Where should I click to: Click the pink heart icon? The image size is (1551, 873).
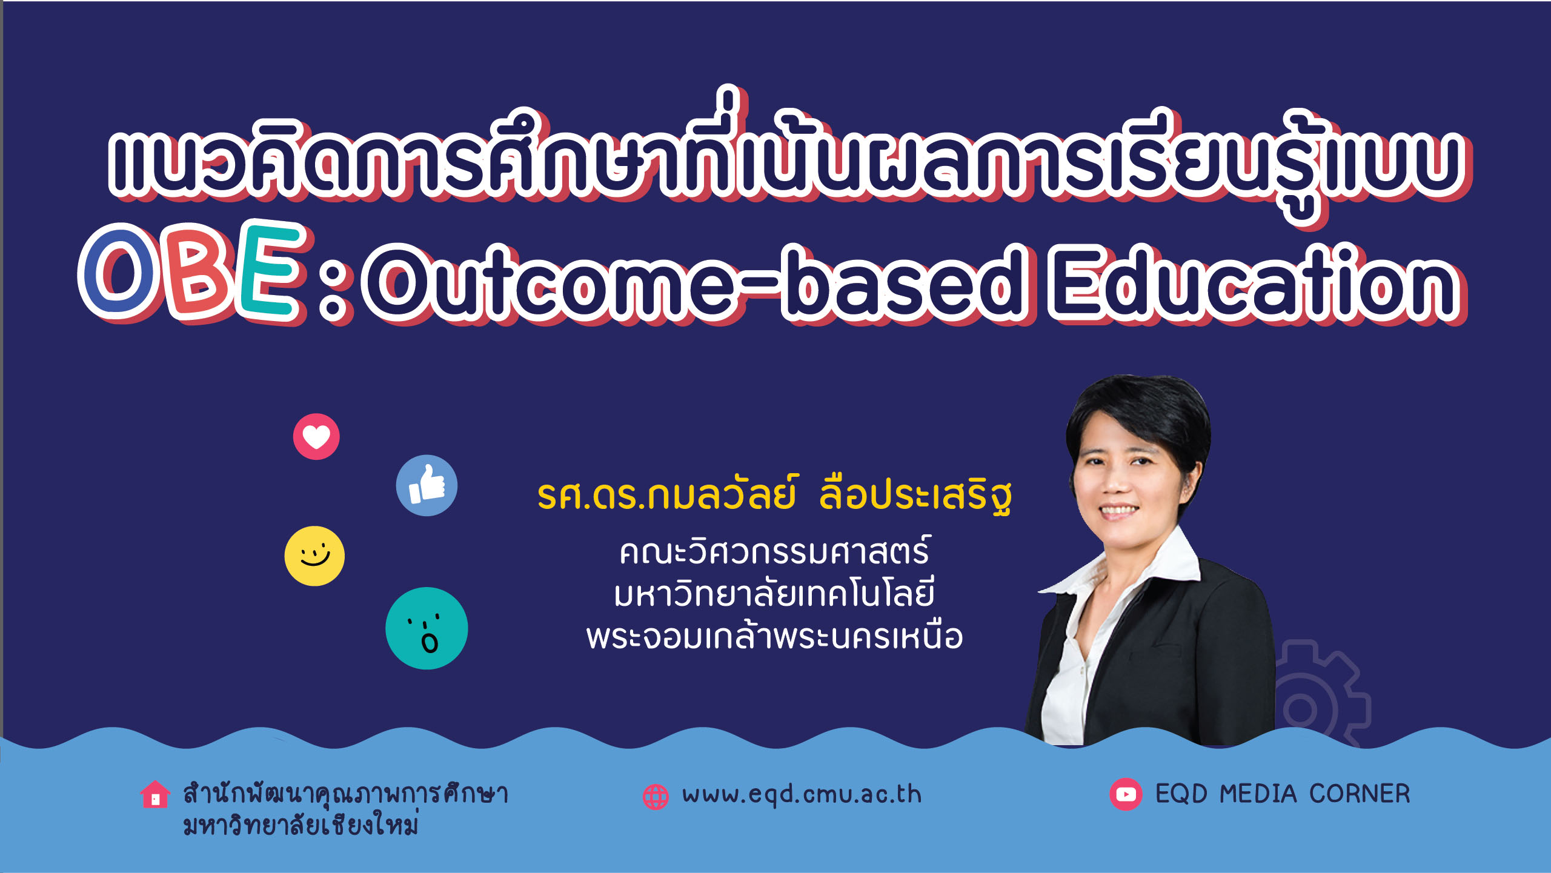tap(316, 437)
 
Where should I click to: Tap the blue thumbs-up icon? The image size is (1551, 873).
tap(427, 485)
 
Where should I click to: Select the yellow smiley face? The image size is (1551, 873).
tap(314, 556)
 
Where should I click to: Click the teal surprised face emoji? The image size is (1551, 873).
tap(427, 628)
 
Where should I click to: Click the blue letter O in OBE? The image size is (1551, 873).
tap(119, 271)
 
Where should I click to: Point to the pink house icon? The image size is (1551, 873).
tap(155, 794)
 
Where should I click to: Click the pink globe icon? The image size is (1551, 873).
tap(656, 797)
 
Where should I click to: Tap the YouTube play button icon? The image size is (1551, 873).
tap(1126, 794)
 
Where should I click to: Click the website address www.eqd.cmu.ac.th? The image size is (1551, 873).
tap(802, 795)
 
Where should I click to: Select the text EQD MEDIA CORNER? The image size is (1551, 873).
tap(1283, 794)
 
